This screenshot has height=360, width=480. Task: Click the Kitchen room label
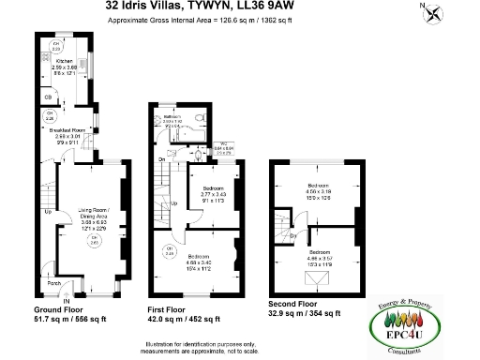[65, 63]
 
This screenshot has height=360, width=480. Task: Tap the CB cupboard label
[48, 97]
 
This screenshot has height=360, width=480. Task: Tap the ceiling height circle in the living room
[94, 243]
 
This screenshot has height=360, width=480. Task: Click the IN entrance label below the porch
[67, 300]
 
